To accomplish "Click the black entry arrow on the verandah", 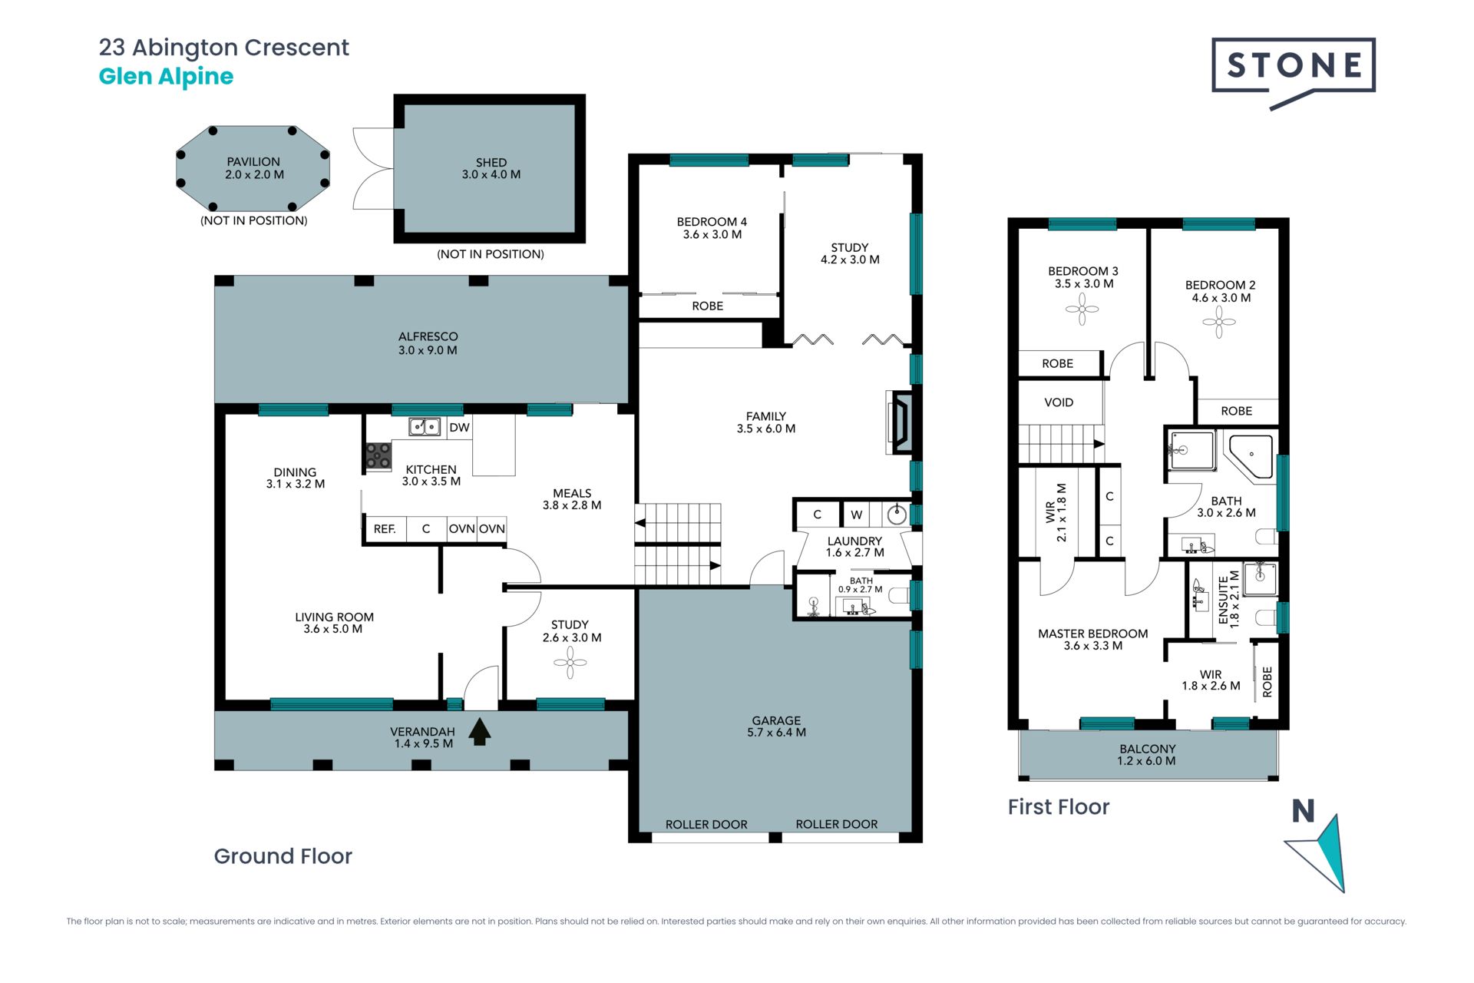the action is pos(480,731).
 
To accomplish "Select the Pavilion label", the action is pos(253,161).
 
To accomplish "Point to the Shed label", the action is pos(491,162).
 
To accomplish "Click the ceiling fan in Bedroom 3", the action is pos(1082,309).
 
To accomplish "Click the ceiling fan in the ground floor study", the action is pos(570,662).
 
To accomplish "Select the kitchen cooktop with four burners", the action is pos(378,455).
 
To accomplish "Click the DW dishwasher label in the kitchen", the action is pos(459,428).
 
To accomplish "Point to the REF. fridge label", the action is pos(385,529).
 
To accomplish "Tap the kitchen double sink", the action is pos(425,426).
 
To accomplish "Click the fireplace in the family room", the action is pos(900,422).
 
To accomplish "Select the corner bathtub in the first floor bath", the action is pos(1250,456).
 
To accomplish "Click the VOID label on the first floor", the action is pos(1059,402).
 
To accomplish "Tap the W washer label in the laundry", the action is pos(857,515).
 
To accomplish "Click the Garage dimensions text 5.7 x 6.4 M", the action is pos(776,733).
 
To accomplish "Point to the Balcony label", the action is pos(1148,749).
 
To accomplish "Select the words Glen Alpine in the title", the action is pos(166,77).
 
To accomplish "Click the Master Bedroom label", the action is pos(1093,634).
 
